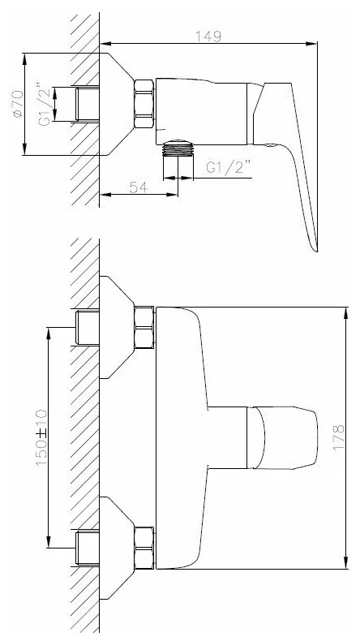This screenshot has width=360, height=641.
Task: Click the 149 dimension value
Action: (208, 36)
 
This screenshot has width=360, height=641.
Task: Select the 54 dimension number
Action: (138, 187)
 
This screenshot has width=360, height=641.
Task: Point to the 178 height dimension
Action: (338, 438)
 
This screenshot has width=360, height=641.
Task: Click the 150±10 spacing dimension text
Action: (41, 438)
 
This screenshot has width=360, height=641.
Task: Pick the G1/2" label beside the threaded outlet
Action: (228, 167)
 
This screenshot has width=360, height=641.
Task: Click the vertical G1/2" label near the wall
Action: (45, 104)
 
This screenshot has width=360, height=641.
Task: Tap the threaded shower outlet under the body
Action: (178, 148)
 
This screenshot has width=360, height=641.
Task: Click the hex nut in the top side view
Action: (144, 104)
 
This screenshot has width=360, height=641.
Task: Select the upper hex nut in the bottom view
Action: (144, 327)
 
